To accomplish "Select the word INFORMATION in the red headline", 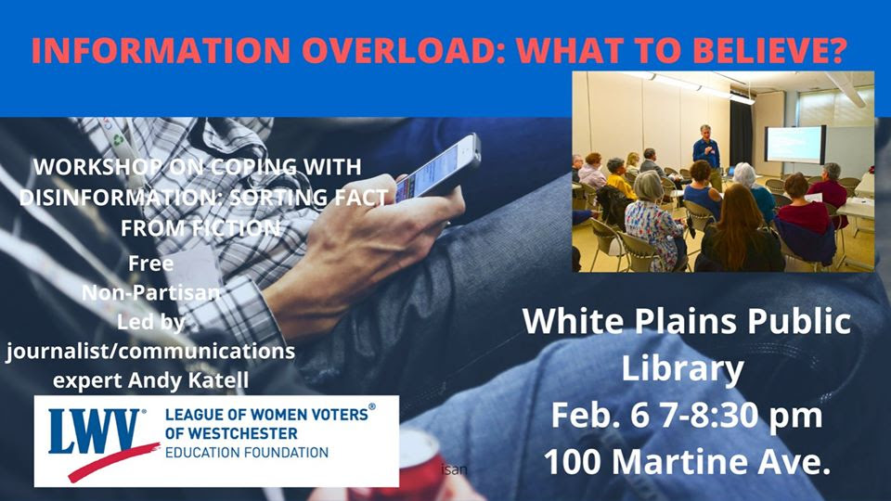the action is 161,50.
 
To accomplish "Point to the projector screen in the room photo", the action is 795,145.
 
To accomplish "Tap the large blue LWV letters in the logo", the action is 94,431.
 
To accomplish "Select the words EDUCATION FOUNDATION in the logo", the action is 247,453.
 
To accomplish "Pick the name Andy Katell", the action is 188,380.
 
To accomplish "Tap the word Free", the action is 150,263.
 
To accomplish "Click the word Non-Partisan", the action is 150,292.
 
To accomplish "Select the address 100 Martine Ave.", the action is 687,461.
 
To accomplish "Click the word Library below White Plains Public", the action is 682,369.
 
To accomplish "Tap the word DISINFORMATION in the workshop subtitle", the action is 117,197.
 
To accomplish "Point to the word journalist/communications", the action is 150,351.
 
